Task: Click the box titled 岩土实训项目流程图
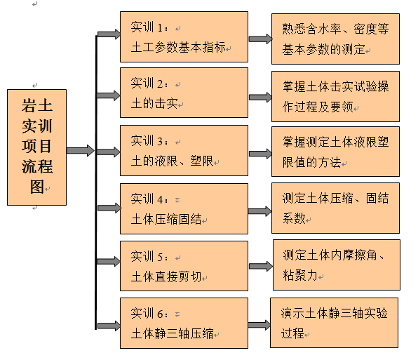36,147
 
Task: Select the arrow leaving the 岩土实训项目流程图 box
80,151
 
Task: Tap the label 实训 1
149,27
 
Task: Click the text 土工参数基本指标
179,48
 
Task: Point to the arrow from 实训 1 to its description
260,39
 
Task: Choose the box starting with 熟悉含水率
335,39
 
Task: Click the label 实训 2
149,84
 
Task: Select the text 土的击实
154,103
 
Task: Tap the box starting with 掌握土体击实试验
335,96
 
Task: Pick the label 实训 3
149,141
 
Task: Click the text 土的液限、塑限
173,161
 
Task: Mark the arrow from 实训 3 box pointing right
260,154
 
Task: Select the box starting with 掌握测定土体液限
335,152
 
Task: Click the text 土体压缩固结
166,219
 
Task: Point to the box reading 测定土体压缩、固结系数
335,208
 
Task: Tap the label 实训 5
149,257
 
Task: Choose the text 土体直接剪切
166,276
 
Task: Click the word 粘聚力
300,275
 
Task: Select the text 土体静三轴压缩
173,333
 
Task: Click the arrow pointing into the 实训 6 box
109,326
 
